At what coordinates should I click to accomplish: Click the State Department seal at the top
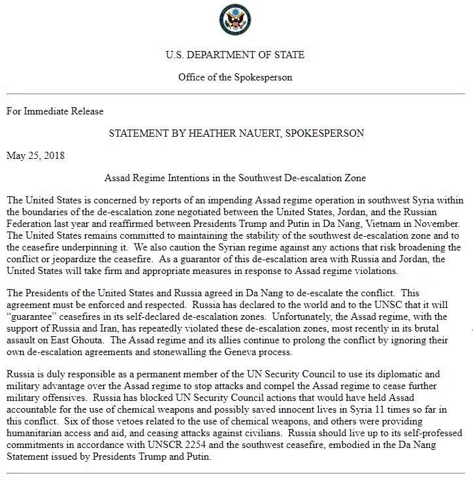click(x=235, y=20)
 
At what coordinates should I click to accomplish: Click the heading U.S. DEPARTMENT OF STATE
click(x=235, y=55)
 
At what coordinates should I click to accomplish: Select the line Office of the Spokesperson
click(x=235, y=77)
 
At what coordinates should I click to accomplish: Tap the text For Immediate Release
click(x=55, y=111)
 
